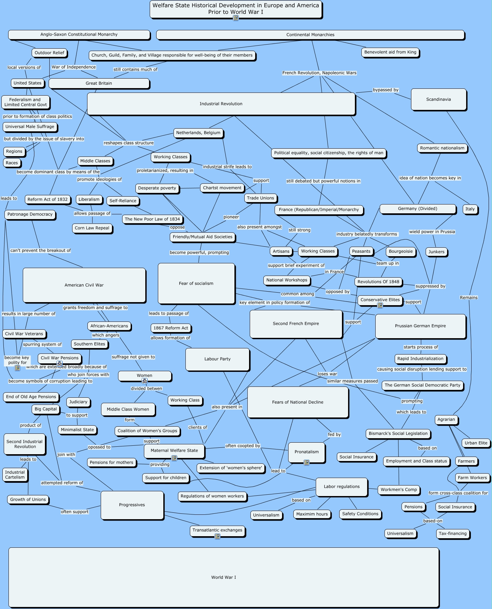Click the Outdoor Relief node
click(x=49, y=53)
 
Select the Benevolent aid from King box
click(x=390, y=52)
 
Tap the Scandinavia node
click(x=438, y=99)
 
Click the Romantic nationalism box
click(x=442, y=148)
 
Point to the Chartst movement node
click(x=222, y=188)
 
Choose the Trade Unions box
click(x=260, y=198)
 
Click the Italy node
click(x=470, y=209)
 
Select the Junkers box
click(x=436, y=252)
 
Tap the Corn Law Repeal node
click(x=92, y=228)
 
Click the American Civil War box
click(x=84, y=285)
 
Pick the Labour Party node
click(x=217, y=359)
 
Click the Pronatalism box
click(x=307, y=452)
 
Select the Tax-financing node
click(x=453, y=533)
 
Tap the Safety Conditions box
click(x=360, y=514)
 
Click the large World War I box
click(x=224, y=577)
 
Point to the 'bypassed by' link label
click(x=386, y=90)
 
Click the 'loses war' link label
click(x=327, y=374)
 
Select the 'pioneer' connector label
click(x=231, y=217)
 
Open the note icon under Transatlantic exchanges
click(x=217, y=537)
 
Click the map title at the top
click(x=235, y=9)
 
